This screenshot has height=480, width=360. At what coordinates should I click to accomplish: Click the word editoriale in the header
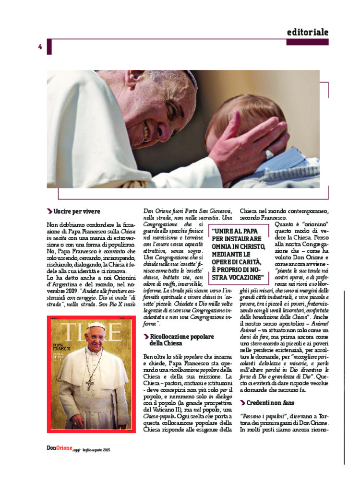click(308, 32)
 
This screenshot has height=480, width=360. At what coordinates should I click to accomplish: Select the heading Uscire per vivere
click(77, 211)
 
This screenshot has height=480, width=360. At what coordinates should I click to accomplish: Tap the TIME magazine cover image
click(91, 374)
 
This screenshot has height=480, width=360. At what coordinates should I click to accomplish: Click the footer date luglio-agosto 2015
click(96, 450)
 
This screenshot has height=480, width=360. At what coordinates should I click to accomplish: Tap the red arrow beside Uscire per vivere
click(49, 211)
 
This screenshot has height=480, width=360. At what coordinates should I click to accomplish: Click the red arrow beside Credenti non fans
click(242, 402)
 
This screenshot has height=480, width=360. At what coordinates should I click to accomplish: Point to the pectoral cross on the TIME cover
click(90, 384)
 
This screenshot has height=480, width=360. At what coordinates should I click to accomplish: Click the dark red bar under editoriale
click(307, 42)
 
